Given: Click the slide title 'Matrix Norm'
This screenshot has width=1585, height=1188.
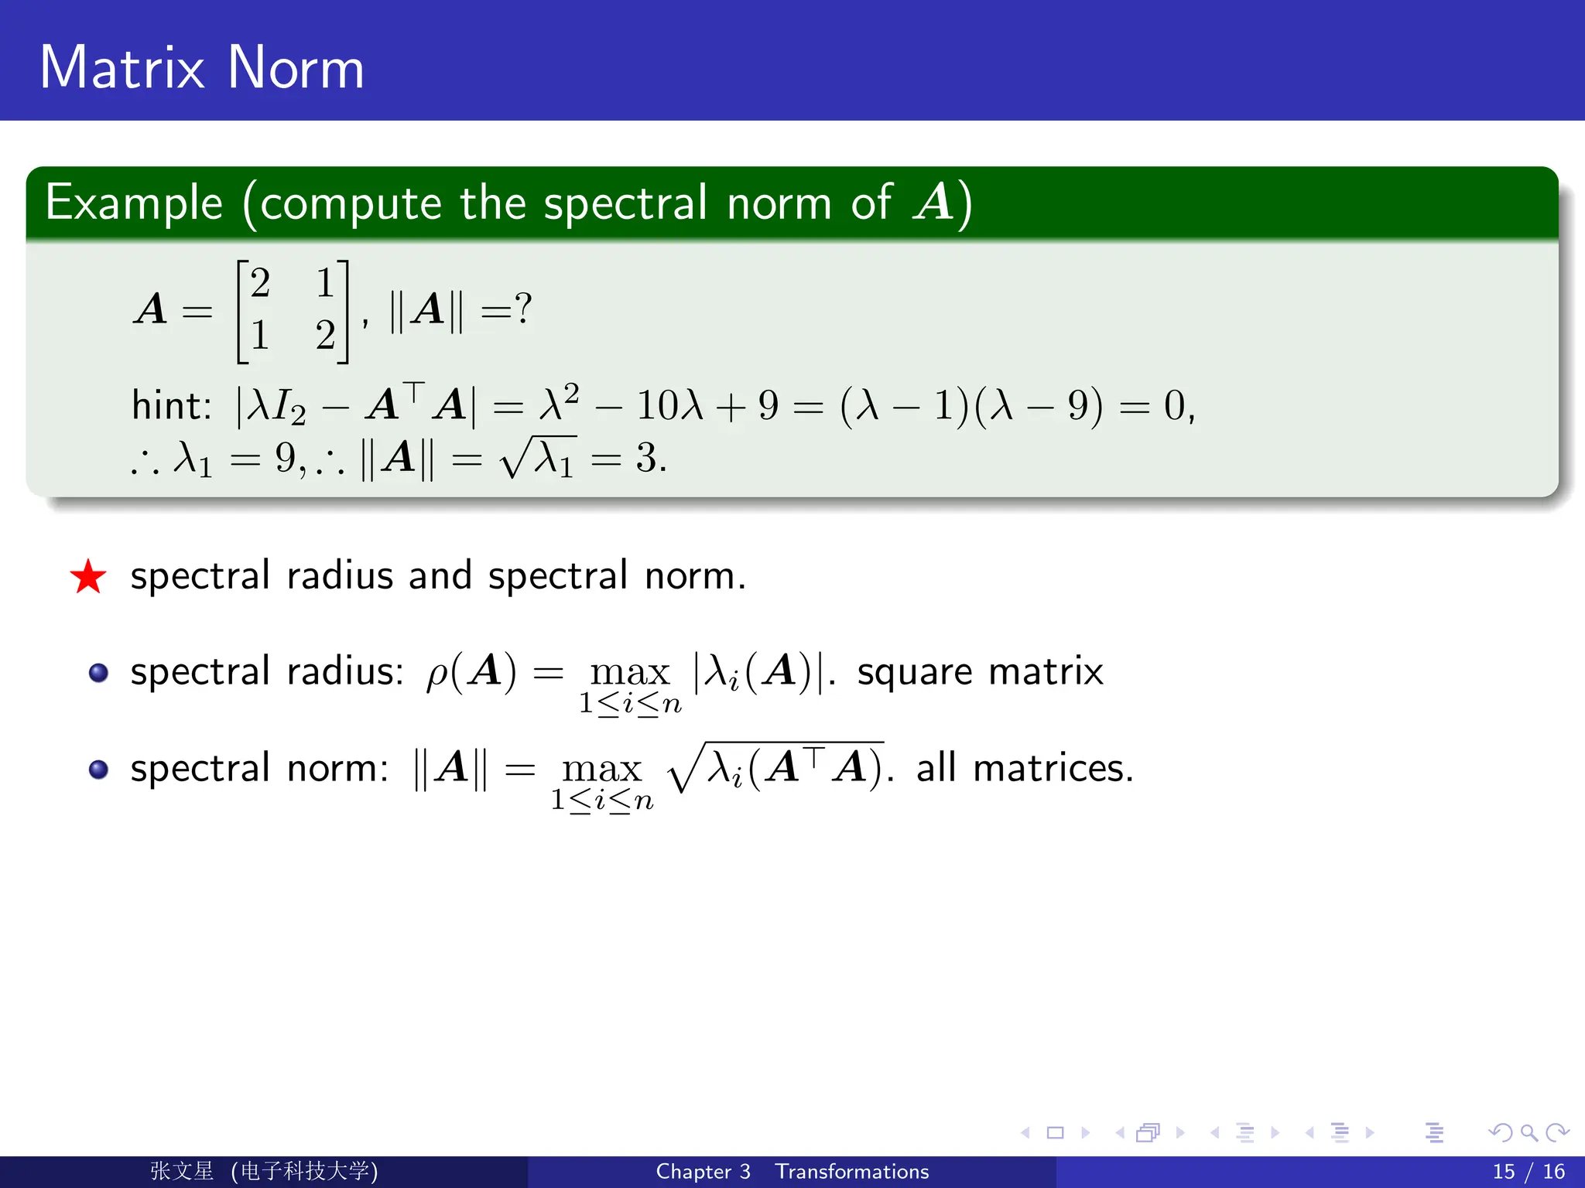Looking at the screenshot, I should pyautogui.click(x=202, y=67).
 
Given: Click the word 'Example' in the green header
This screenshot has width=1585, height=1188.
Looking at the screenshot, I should pyautogui.click(x=134, y=203).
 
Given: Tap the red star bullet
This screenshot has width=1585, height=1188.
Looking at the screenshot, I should pyautogui.click(x=88, y=577).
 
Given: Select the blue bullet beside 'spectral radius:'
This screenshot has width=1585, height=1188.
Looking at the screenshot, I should pyautogui.click(x=98, y=672).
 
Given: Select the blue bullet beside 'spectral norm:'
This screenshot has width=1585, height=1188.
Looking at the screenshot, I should pyautogui.click(x=98, y=770).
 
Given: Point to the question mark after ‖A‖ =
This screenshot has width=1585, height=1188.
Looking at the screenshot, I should pyautogui.click(x=523, y=309).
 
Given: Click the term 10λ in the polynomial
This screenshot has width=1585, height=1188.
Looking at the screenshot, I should pyautogui.click(x=669, y=405).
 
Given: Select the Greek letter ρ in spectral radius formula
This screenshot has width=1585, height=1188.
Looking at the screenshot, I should pyautogui.click(x=436, y=673).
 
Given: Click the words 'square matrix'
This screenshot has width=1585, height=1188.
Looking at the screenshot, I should pyautogui.click(x=980, y=671).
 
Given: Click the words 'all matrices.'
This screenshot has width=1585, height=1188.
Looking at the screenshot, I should pyautogui.click(x=1025, y=768).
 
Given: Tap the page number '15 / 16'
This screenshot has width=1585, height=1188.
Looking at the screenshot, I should pyautogui.click(x=1528, y=1172).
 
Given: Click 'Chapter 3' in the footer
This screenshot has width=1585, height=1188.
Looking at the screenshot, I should pyautogui.click(x=703, y=1172).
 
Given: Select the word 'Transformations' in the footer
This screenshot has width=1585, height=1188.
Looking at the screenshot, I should pyautogui.click(x=852, y=1172).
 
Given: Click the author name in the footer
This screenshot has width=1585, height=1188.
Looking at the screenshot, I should pyautogui.click(x=182, y=1171).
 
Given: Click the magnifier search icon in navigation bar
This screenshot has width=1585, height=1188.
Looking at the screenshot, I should pyautogui.click(x=1529, y=1133).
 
